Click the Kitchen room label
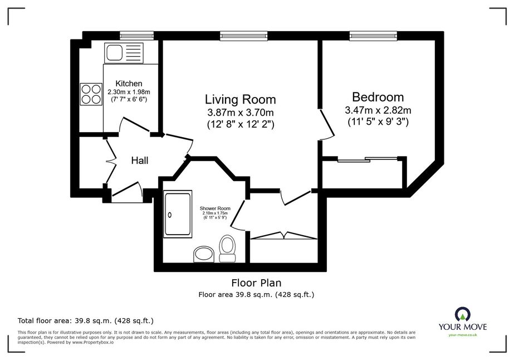(129, 84)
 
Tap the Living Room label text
(240, 99)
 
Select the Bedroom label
(378, 97)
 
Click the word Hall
(140, 160)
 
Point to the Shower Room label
(215, 208)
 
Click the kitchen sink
(124, 52)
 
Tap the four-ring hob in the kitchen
(91, 94)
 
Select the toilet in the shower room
(228, 249)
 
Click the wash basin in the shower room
(204, 255)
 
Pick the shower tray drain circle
(170, 215)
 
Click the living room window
(243, 36)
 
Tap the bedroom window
(373, 36)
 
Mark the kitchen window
(136, 36)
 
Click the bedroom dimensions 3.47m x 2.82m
(378, 110)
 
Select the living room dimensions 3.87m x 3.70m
(240, 113)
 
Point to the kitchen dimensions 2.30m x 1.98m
(129, 92)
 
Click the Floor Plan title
(256, 283)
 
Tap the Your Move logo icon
(463, 314)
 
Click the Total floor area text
(86, 320)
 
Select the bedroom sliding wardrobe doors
(368, 159)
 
